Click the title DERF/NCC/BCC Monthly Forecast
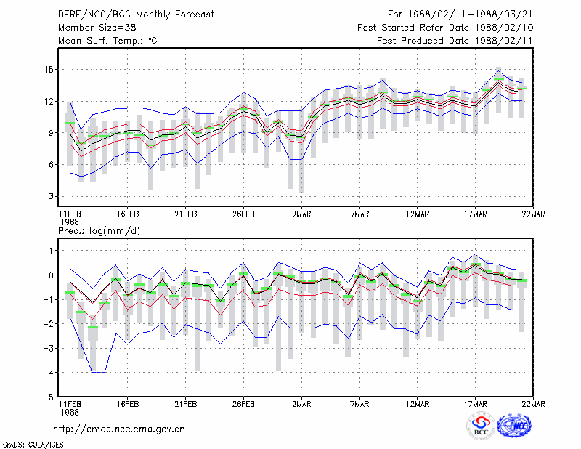136,15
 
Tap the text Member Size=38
97,28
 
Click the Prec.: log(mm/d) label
99,231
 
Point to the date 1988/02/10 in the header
504,28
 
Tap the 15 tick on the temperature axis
49,70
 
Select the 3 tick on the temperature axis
51,196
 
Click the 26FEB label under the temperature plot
243,214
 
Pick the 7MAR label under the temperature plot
359,214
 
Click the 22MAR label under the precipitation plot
533,404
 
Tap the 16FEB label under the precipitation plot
128,404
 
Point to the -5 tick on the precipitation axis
48,397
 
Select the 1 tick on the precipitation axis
51,251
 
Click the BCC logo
481,426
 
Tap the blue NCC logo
514,426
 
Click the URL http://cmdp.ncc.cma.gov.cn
119,429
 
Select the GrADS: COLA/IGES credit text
33,445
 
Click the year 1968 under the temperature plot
70,222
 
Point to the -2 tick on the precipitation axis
48,324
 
